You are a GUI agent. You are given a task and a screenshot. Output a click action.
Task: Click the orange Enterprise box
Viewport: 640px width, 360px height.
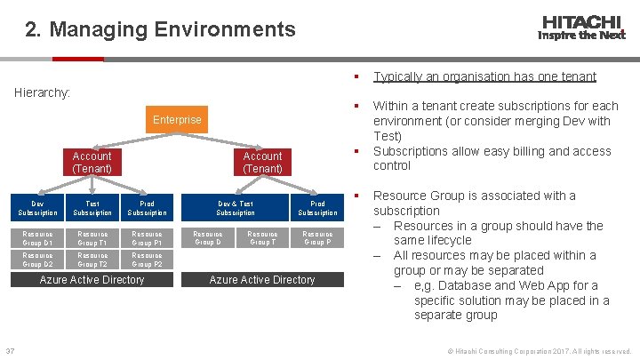click(177, 119)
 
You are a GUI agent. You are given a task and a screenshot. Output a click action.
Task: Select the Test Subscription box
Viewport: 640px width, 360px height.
click(92, 208)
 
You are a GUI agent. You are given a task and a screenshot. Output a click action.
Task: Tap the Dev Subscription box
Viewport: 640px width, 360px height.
click(37, 208)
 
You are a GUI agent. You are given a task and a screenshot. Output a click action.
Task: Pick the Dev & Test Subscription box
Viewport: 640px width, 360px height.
click(235, 208)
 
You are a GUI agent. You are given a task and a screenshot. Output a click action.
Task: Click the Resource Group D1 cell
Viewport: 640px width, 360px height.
click(37, 238)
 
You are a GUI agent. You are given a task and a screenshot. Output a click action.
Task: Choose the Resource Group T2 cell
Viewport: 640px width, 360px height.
click(92, 260)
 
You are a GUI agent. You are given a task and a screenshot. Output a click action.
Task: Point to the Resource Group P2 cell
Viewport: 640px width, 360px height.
click(147, 260)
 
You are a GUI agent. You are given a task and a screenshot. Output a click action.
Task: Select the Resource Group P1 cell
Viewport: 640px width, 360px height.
click(147, 238)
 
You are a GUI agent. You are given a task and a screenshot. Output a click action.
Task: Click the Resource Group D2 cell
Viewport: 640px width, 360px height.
click(37, 260)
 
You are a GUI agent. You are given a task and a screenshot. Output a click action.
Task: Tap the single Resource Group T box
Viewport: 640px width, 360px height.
click(262, 238)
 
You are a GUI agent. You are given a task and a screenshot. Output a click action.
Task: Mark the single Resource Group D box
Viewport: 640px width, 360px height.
click(208, 238)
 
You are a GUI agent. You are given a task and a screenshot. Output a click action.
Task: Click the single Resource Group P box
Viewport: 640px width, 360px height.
click(317, 238)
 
